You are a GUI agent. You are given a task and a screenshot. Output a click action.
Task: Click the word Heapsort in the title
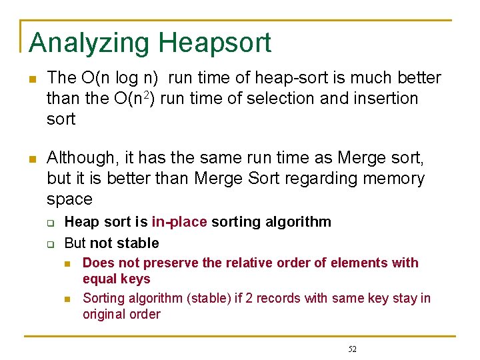pos(215,43)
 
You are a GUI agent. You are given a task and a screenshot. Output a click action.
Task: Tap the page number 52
pos(352,349)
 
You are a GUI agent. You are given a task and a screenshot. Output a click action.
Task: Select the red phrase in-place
pos(179,222)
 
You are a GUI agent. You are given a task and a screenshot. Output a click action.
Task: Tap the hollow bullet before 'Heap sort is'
pos(49,223)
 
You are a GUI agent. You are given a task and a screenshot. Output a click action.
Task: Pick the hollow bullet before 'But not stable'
pos(49,243)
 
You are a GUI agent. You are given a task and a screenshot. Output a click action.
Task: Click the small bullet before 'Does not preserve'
pos(68,263)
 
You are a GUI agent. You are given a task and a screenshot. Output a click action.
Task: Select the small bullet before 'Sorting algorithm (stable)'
pos(68,298)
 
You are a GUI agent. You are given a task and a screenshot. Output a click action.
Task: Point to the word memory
pos(393,179)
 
